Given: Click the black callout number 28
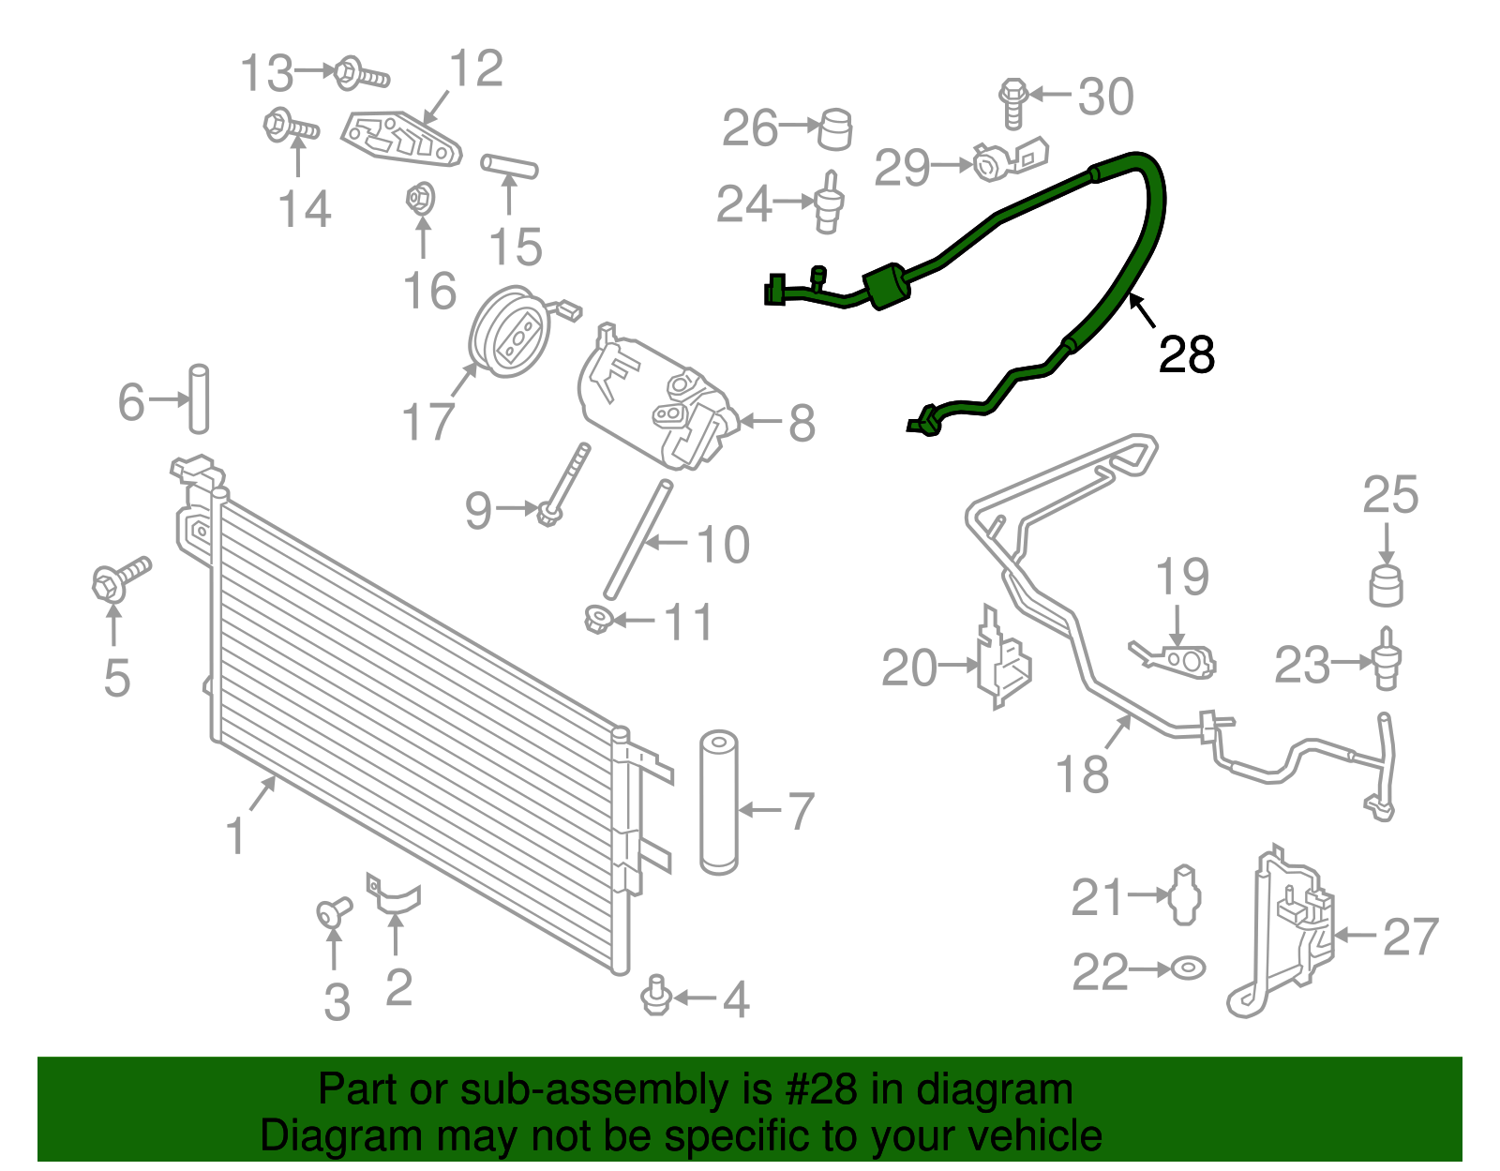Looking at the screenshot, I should pyautogui.click(x=1186, y=355).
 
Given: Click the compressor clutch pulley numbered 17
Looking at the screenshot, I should pyautogui.click(x=507, y=333).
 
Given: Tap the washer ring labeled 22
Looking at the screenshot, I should pyautogui.click(x=1189, y=967).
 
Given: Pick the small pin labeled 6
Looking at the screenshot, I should pyautogui.click(x=199, y=398).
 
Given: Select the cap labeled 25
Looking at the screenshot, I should pyautogui.click(x=1387, y=585).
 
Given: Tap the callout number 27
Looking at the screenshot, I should pyautogui.click(x=1410, y=937).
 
